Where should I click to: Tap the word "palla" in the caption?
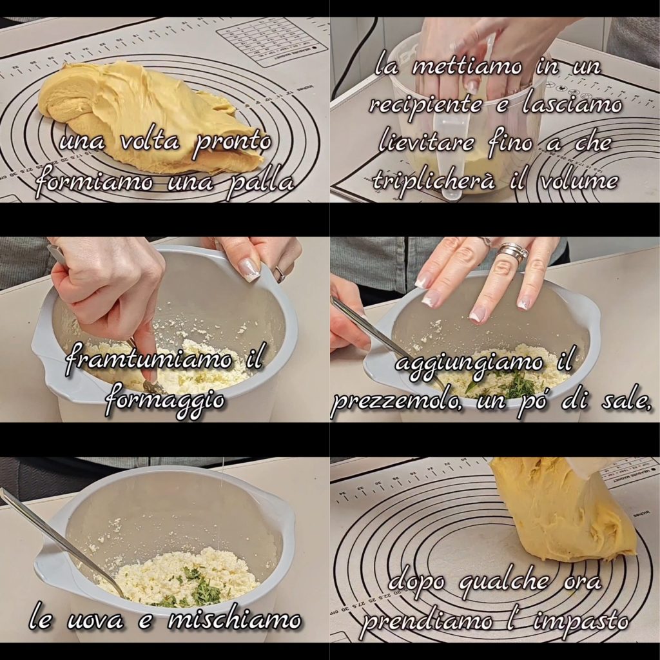pos(259,182)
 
